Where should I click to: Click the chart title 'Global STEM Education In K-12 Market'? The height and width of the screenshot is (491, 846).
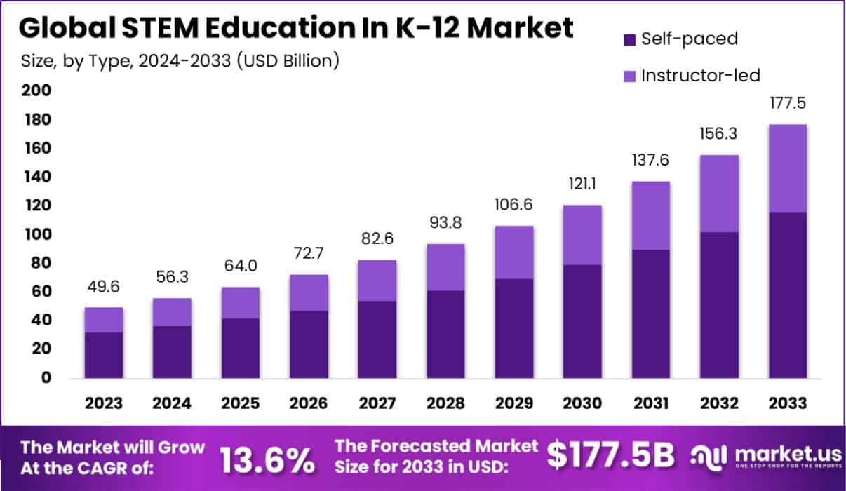tap(295, 27)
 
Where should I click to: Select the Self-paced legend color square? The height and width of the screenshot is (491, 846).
tap(629, 39)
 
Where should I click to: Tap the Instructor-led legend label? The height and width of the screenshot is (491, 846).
tap(700, 75)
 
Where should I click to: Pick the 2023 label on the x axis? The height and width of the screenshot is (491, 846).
tap(104, 403)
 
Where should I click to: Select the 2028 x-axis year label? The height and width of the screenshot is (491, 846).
tap(446, 403)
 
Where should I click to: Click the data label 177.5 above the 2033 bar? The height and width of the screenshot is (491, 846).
tap(788, 104)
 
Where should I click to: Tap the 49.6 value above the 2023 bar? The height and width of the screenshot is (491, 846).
tap(104, 288)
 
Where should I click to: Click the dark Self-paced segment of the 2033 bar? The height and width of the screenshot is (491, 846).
tap(788, 295)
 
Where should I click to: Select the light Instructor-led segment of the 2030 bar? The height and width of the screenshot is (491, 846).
tap(583, 235)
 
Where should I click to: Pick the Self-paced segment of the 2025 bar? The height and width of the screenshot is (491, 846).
tap(241, 348)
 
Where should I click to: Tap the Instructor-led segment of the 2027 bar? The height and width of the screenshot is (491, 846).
tap(377, 281)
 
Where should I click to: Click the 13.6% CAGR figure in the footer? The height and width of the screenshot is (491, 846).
tap(267, 459)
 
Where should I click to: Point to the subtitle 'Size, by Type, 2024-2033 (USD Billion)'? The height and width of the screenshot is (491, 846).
tap(179, 61)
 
